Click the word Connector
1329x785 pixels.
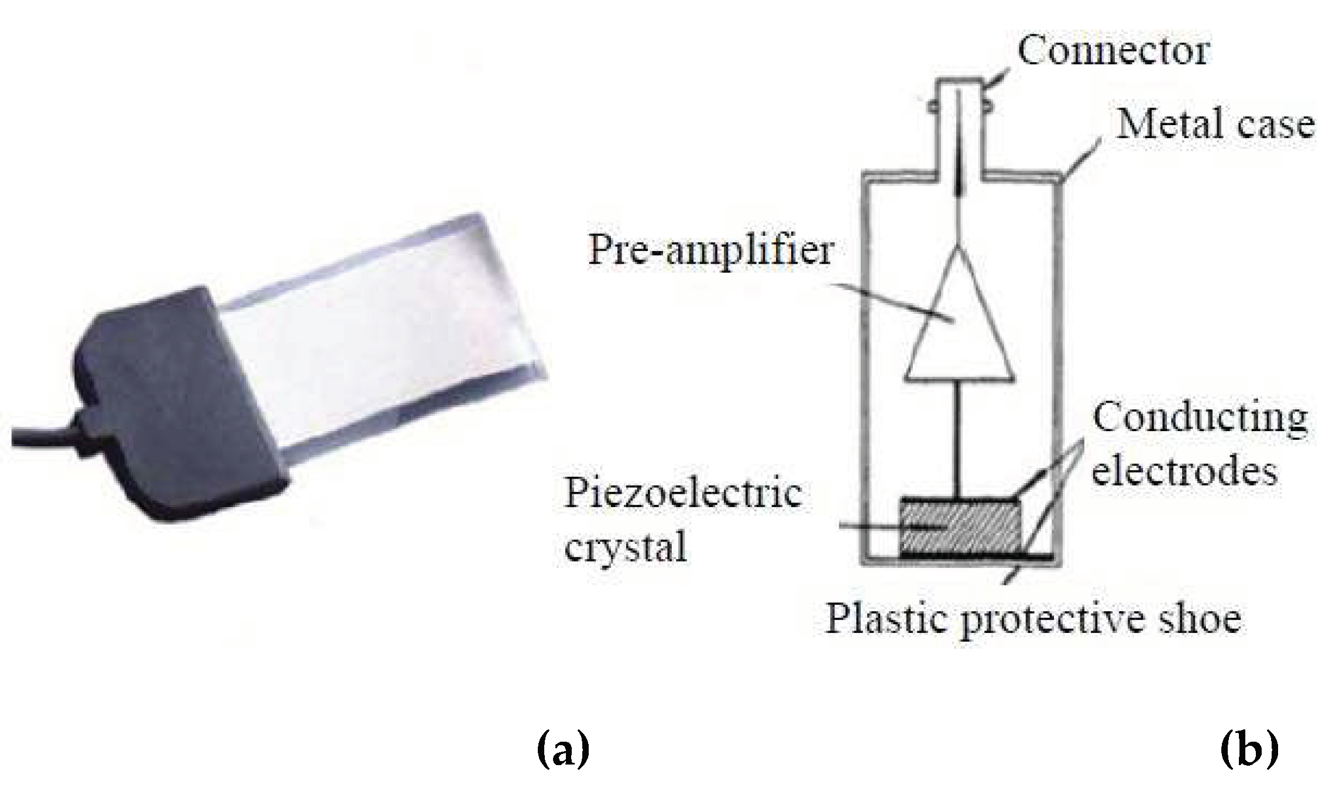click(1112, 51)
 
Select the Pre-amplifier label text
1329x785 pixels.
click(710, 250)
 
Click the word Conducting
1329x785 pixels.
click(1200, 419)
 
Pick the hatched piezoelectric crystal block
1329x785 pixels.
click(959, 526)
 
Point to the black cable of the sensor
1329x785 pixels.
click(41, 436)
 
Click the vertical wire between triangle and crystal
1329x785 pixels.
click(958, 439)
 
